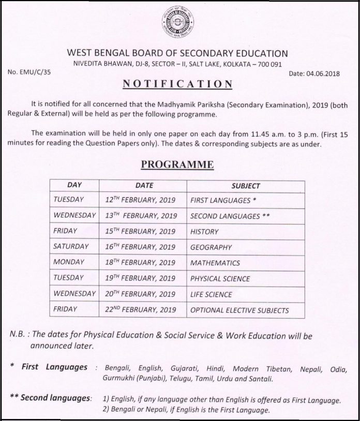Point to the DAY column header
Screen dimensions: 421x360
[x=75, y=185]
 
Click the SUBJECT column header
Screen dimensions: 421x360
[x=246, y=185]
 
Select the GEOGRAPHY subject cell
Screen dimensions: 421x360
[x=211, y=247]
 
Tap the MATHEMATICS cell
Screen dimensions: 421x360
[x=215, y=263]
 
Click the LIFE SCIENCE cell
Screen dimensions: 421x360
[x=211, y=295]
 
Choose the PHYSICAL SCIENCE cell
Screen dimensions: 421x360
[x=220, y=279]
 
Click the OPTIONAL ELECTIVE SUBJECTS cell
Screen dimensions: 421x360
[x=239, y=311]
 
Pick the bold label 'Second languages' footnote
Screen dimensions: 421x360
[x=56, y=398]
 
